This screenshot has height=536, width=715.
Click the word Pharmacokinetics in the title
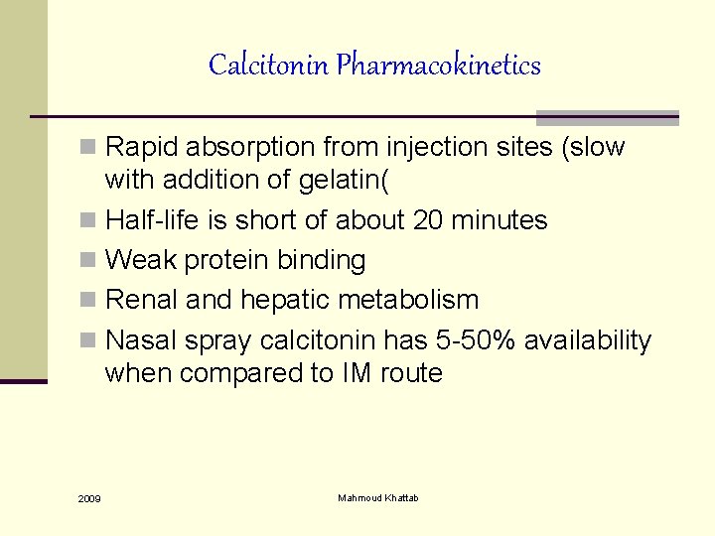[x=438, y=66]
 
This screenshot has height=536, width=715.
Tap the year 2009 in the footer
[x=88, y=498]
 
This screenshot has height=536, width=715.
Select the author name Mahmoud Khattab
[x=378, y=497]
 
